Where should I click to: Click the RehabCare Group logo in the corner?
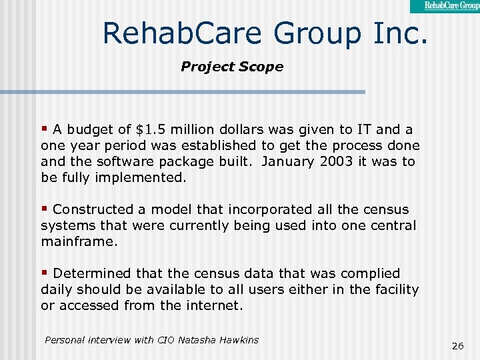pyautogui.click(x=445, y=6)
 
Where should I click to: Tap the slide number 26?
pyautogui.click(x=458, y=346)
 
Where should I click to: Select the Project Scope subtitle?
pyautogui.click(x=232, y=67)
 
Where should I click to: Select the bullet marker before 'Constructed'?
pyautogui.click(x=45, y=209)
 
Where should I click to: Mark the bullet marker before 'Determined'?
pyautogui.click(x=45, y=273)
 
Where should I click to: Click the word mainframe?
pyautogui.click(x=79, y=241)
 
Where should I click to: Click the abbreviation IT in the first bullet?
pyautogui.click(x=364, y=129)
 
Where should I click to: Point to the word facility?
pyautogui.click(x=393, y=289)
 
